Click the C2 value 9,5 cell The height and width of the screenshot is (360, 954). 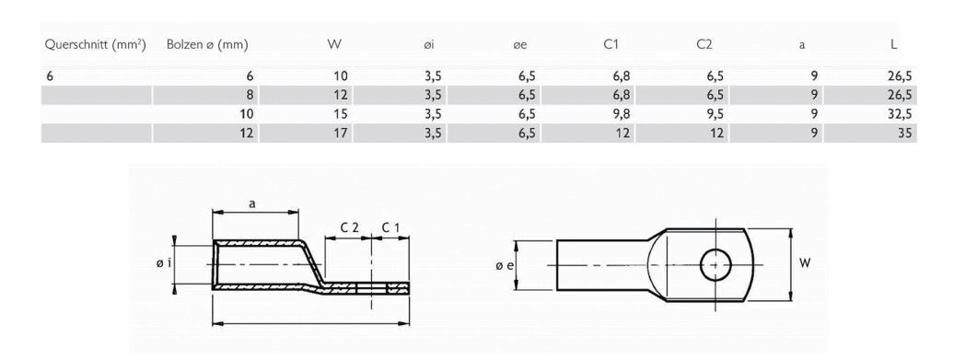pyautogui.click(x=707, y=114)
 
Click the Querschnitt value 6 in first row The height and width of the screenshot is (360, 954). pyautogui.click(x=52, y=75)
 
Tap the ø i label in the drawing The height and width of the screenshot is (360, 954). pyautogui.click(x=163, y=264)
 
